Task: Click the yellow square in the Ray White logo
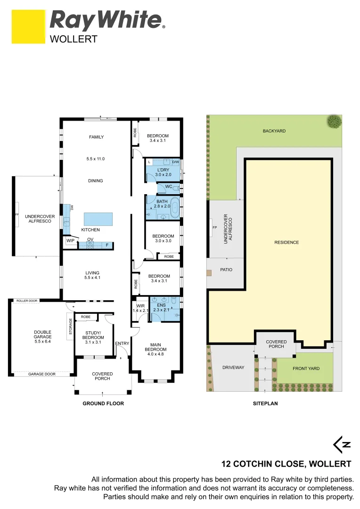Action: tap(28, 26)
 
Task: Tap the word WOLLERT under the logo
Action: tap(74, 39)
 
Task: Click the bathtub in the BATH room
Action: tap(175, 208)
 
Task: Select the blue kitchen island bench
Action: tap(98, 219)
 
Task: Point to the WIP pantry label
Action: tap(70, 240)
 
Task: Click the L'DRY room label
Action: tap(163, 170)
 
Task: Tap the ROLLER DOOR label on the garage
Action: tap(27, 301)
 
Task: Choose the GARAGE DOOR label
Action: tap(42, 374)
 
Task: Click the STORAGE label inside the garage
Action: tap(70, 326)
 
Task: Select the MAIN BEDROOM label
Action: tap(155, 347)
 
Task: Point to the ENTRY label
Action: tap(122, 344)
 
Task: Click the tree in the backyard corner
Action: tap(335, 121)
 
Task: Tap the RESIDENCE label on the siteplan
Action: tap(286, 242)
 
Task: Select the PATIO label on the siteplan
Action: tap(226, 270)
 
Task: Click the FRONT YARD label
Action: tap(306, 369)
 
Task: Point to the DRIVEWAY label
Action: tap(233, 368)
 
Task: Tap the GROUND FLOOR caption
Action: tap(103, 403)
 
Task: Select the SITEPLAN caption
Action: tap(266, 403)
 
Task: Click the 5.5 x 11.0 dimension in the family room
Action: tap(96, 159)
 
